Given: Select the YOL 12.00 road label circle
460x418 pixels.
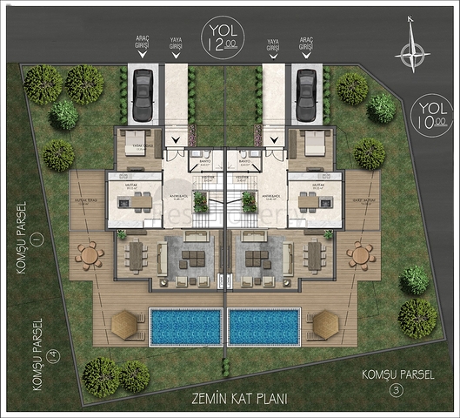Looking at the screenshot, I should (x=223, y=37).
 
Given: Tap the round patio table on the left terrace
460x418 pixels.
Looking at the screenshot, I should (x=89, y=255).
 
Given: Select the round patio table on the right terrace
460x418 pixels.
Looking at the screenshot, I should (x=359, y=255).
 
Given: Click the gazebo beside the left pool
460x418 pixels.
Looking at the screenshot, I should (x=126, y=324).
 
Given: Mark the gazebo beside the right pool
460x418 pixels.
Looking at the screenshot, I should (x=324, y=324).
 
